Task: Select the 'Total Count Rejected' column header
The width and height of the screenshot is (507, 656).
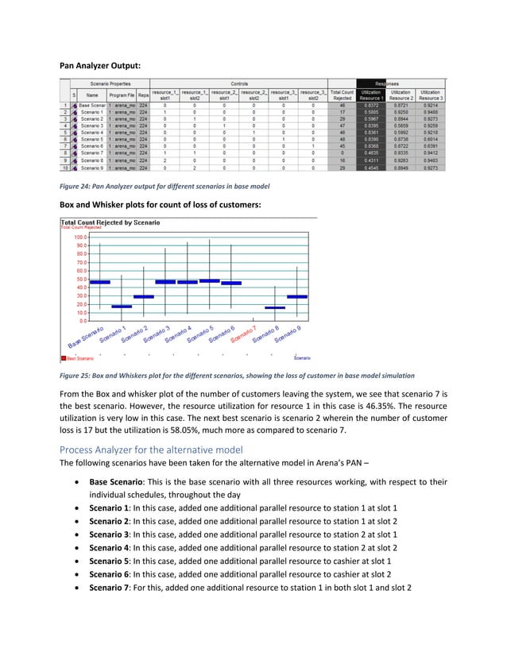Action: point(341,95)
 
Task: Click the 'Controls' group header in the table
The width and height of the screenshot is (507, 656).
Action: point(239,83)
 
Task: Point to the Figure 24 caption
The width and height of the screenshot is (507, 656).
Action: point(164,186)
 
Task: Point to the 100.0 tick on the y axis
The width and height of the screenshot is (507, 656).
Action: point(80,237)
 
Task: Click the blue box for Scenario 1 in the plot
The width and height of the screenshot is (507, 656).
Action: point(122,306)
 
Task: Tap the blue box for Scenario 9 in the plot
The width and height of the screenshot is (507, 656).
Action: point(296,296)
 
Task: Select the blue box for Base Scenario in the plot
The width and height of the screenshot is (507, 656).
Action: point(100,282)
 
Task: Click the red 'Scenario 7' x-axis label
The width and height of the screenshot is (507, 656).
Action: point(245,334)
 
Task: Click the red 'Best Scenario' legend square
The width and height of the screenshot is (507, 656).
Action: point(64,358)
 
